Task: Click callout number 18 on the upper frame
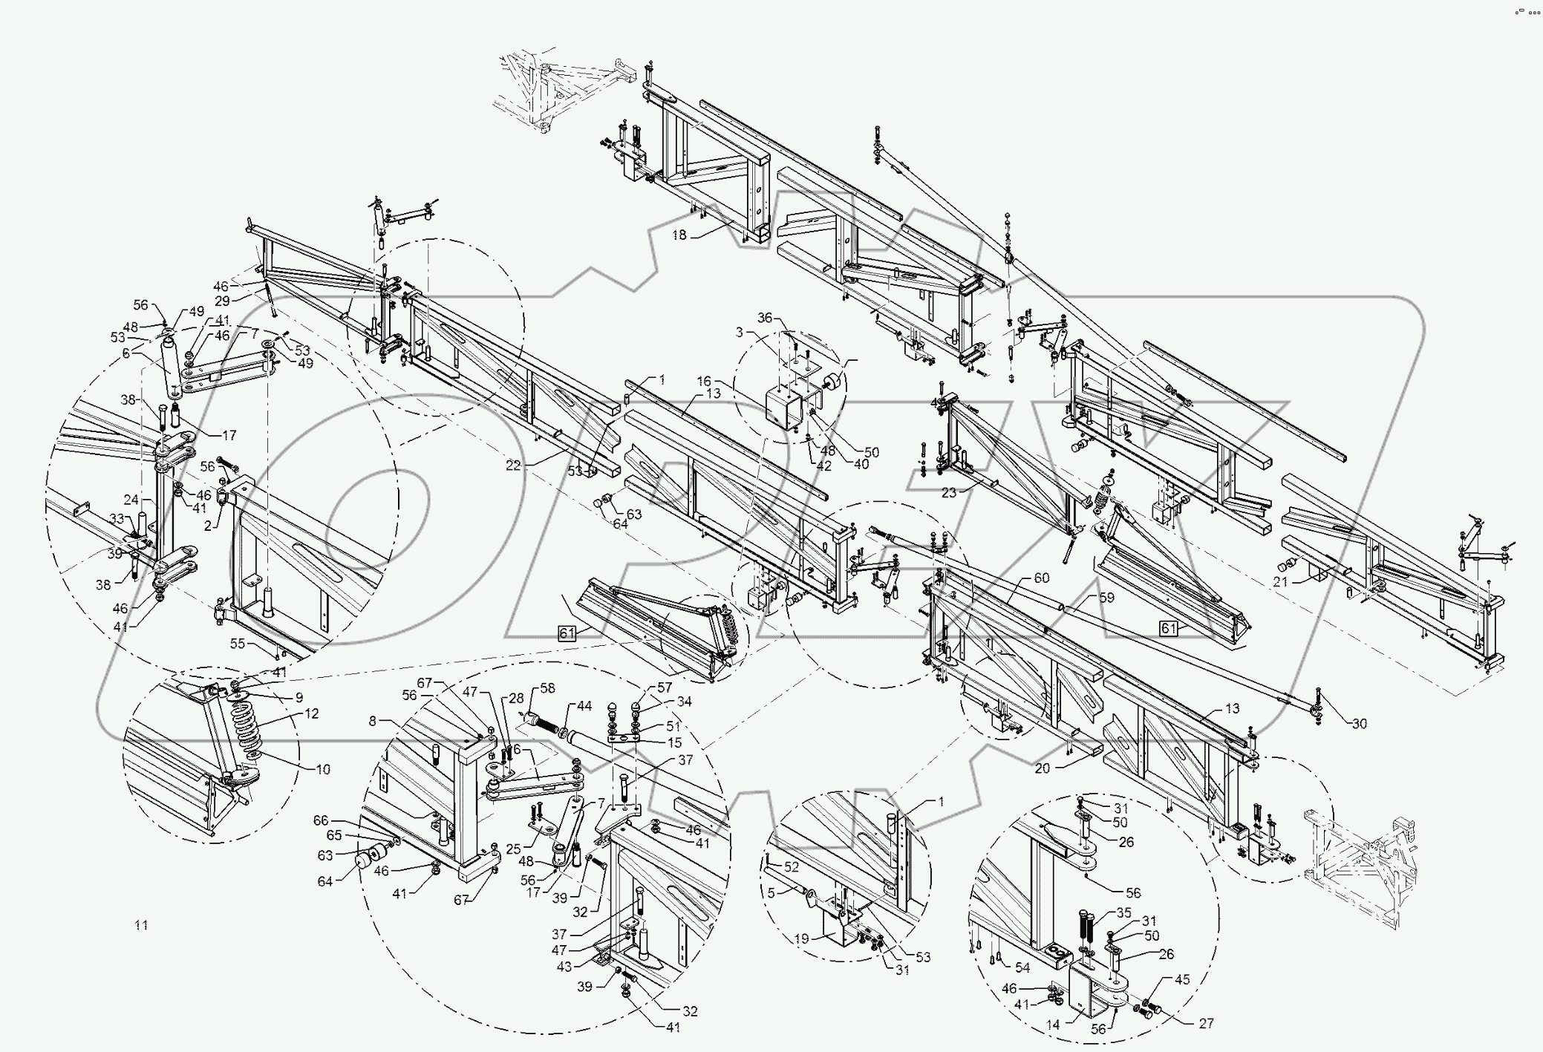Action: (x=679, y=235)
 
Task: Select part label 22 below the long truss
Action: (x=513, y=465)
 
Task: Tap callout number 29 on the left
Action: (x=222, y=301)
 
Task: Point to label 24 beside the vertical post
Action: (x=131, y=499)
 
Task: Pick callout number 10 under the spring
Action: (x=322, y=769)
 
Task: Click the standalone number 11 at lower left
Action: (x=141, y=925)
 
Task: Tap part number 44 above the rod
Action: (x=584, y=705)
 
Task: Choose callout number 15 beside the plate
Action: (x=674, y=742)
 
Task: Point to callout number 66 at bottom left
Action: (x=320, y=820)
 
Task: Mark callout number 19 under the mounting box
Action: (x=800, y=939)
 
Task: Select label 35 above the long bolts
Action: (x=1123, y=913)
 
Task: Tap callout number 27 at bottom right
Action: (x=1206, y=1022)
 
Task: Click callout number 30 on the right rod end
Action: (x=1359, y=724)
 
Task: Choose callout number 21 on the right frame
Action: (x=1279, y=583)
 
